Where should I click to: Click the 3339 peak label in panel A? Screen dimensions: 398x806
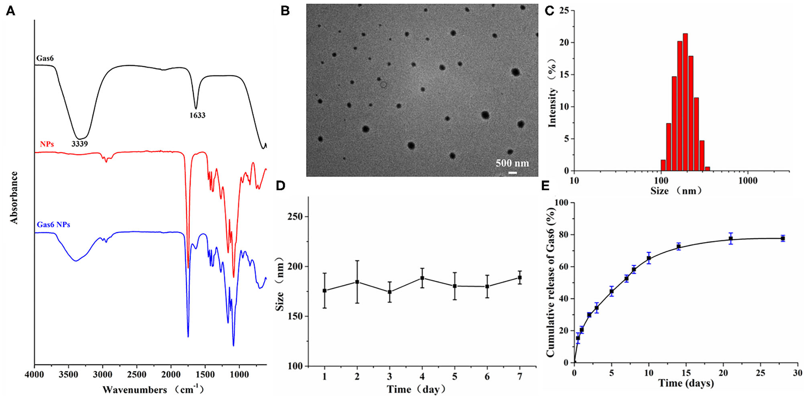[x=80, y=144]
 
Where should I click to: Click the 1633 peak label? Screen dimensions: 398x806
[x=197, y=116]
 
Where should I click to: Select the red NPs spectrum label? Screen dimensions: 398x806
[x=46, y=144]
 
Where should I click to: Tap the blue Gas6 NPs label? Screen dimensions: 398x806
[x=53, y=225]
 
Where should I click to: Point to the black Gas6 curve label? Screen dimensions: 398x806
[x=45, y=59]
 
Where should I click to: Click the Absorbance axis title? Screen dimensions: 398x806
[x=14, y=197]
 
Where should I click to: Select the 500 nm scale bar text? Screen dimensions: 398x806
[x=512, y=163]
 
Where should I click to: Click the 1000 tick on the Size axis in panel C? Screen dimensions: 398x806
[x=747, y=181]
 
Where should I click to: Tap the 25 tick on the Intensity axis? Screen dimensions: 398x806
[x=564, y=10]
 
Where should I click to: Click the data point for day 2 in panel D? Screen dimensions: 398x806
[x=357, y=282]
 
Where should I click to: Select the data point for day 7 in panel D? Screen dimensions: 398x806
[x=520, y=277]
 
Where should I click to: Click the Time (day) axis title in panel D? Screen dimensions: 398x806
[x=416, y=389]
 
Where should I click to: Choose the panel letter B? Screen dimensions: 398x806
[x=285, y=11]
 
